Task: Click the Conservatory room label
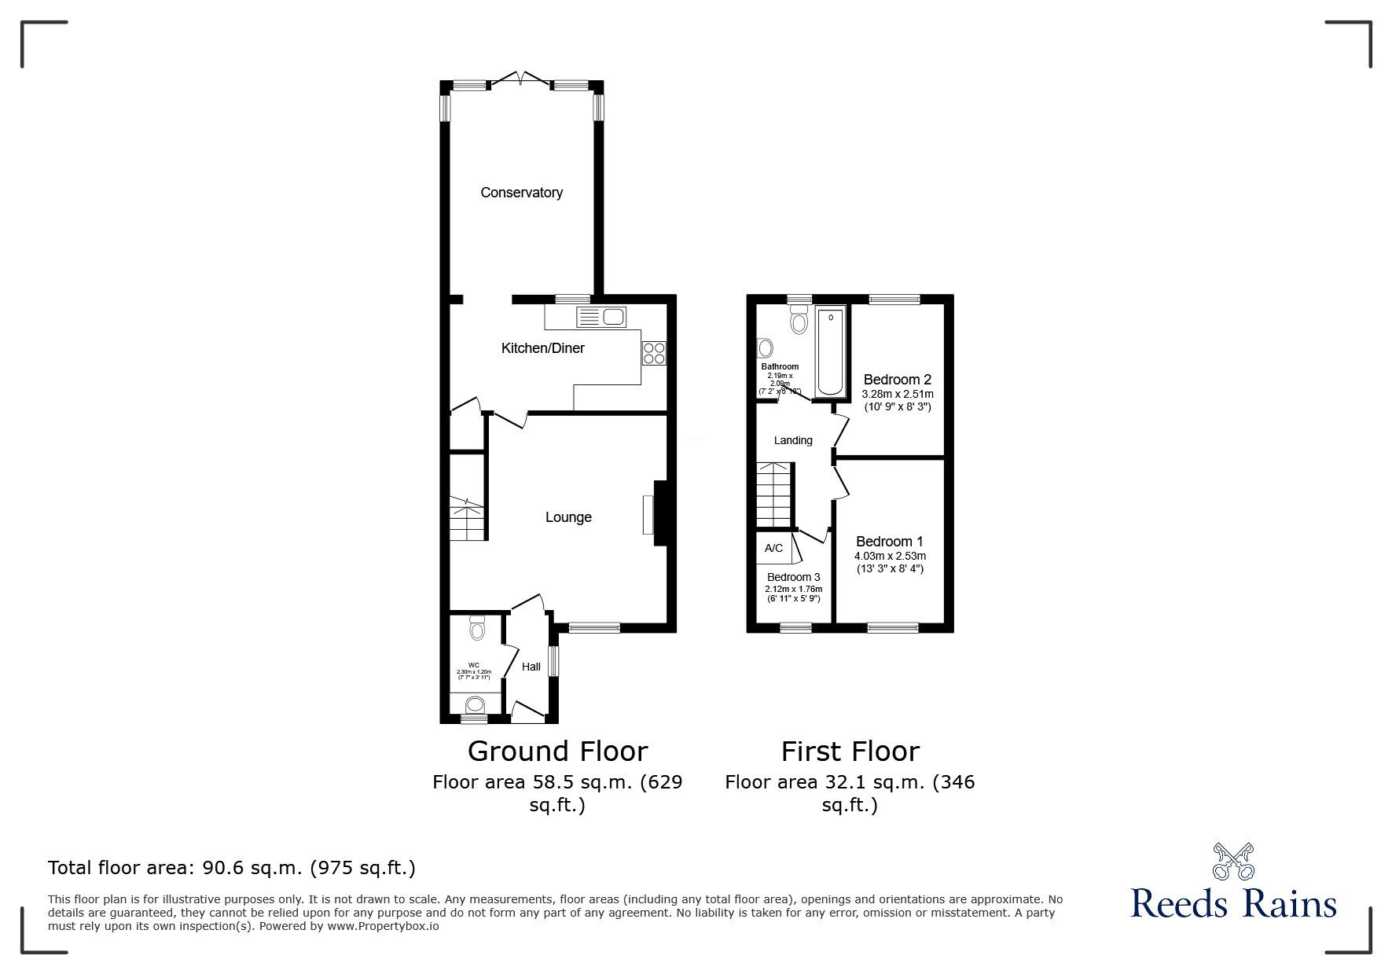pos(521,193)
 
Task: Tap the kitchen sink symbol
pos(601,317)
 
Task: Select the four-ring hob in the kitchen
pos(654,354)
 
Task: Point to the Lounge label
pos(568,517)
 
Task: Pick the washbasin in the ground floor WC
pos(476,704)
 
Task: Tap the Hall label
pos(531,667)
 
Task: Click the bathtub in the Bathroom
pos(830,352)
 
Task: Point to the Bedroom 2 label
pos(897,380)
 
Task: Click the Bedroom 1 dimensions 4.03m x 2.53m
pos(890,557)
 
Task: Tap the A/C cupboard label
pos(773,548)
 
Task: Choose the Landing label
pos(793,440)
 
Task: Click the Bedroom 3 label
pos(793,577)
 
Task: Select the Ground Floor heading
pos(557,752)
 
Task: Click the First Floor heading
pos(850,752)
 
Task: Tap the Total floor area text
pos(232,868)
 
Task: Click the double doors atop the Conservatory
pos(521,79)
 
